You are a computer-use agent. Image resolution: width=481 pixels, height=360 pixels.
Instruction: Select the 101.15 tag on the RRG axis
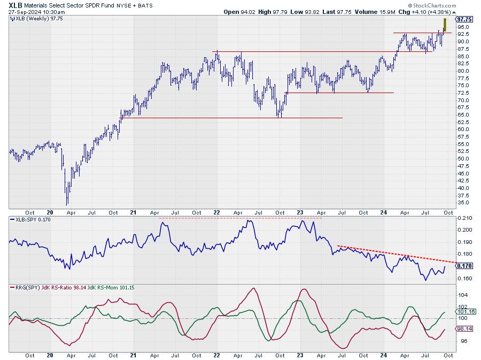pyautogui.click(x=465, y=311)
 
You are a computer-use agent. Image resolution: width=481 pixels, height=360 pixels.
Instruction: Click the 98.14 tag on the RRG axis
pyautogui.click(x=464, y=330)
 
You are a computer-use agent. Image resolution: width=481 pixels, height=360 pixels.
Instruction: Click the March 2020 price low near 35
pyautogui.click(x=67, y=204)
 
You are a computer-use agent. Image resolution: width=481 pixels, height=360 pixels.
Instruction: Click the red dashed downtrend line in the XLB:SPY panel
pyautogui.click(x=395, y=255)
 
